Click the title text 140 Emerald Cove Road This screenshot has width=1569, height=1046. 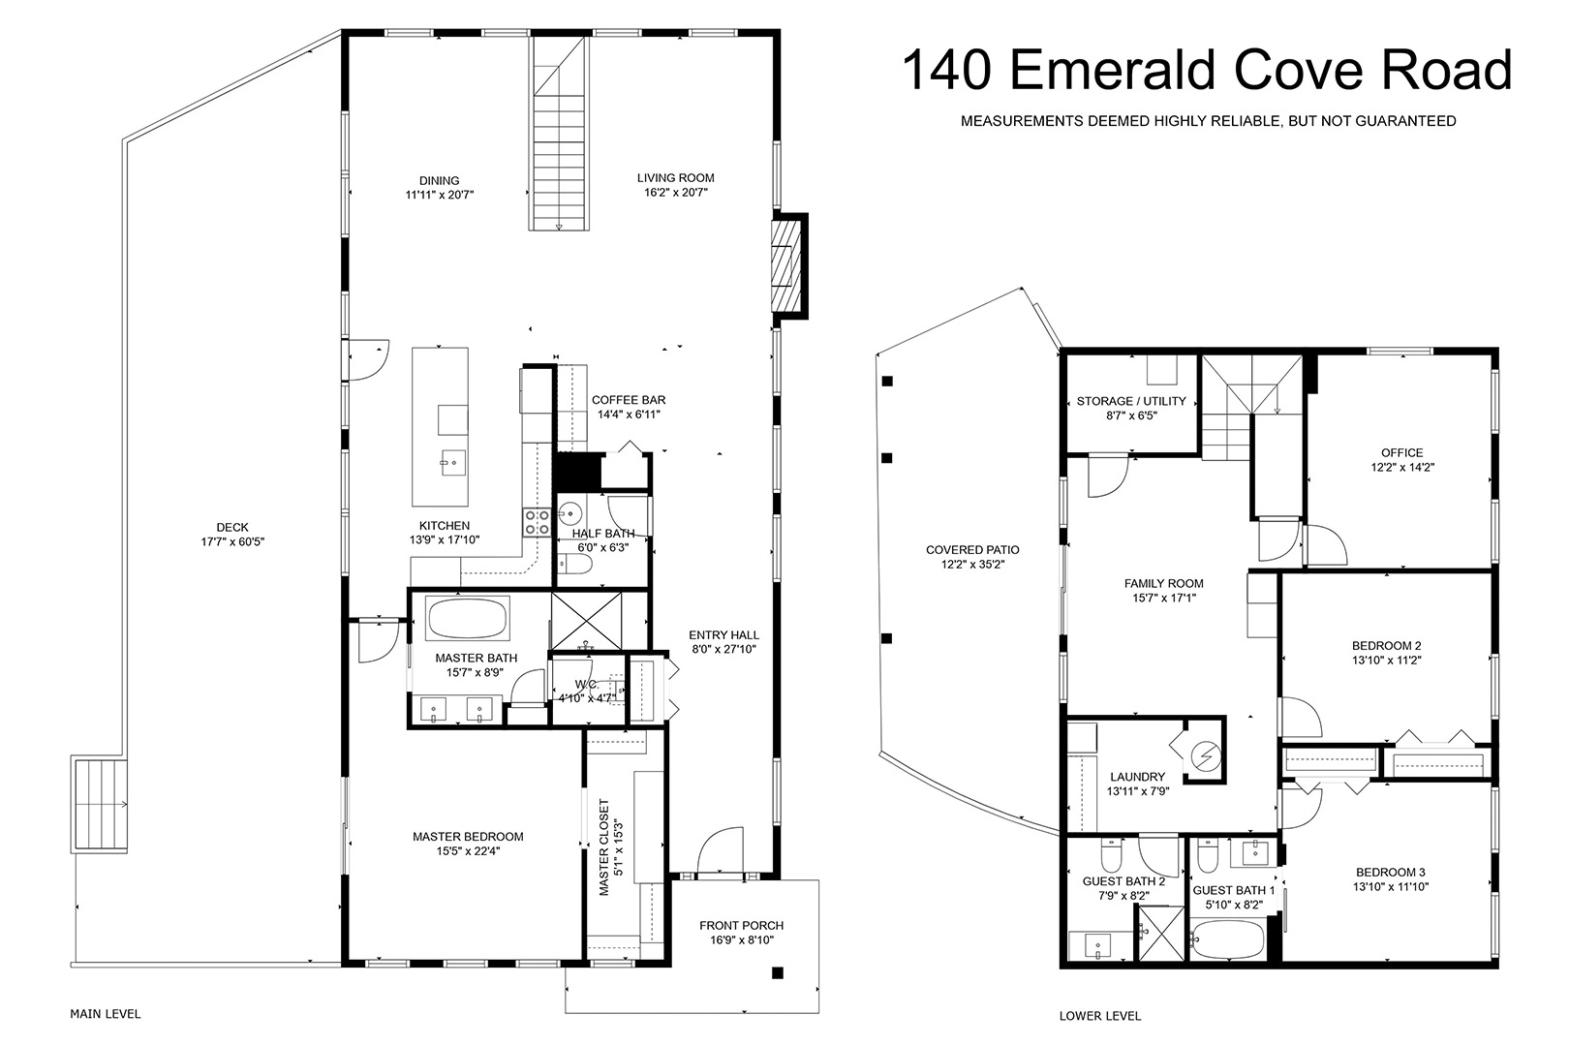click(1207, 70)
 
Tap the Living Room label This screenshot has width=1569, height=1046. click(675, 178)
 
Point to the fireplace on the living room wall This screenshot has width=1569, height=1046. click(785, 266)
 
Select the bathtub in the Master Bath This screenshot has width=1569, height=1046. click(467, 618)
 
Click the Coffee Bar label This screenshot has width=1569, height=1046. click(629, 400)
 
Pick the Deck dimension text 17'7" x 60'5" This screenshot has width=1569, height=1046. click(232, 541)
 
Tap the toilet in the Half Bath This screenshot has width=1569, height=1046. click(575, 564)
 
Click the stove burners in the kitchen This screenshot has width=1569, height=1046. click(537, 523)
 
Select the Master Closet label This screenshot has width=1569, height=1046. click(604, 847)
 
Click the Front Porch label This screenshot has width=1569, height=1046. click(741, 926)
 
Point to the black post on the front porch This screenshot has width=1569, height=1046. click(778, 973)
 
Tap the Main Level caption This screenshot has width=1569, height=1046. click(105, 1014)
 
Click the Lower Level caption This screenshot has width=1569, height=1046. click(1099, 1016)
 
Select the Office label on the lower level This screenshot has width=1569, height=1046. click(1402, 452)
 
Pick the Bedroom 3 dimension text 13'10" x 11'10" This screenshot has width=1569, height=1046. click(1391, 886)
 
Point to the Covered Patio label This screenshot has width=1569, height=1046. click(972, 550)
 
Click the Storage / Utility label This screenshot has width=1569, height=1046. click(1131, 401)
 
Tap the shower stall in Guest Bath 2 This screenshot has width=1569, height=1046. click(1160, 934)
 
